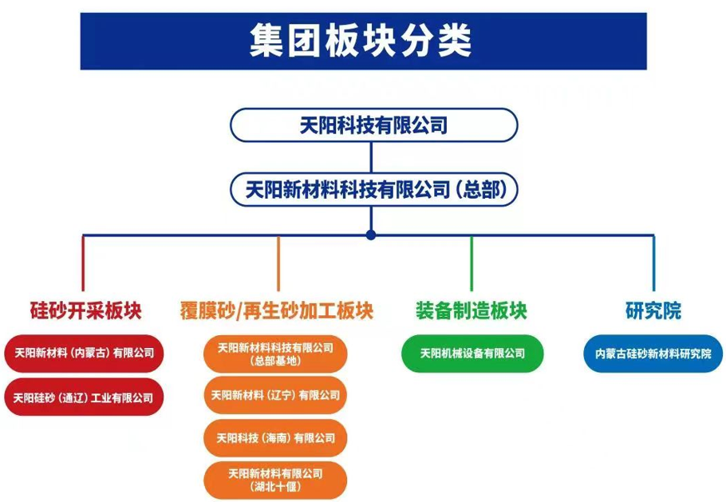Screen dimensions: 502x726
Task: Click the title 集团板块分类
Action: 362,39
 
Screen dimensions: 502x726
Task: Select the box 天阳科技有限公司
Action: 373,125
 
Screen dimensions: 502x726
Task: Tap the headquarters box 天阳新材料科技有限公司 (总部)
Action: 373,189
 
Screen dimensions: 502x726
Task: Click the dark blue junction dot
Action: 370,235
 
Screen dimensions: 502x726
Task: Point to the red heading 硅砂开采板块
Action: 85,310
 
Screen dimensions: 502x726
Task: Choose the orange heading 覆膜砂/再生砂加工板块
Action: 276,310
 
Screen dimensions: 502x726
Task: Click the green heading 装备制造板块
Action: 472,310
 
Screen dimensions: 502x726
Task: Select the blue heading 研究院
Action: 653,310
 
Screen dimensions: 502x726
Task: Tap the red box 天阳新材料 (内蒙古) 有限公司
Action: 84,353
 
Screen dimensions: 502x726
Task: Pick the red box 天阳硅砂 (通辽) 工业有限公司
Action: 84,397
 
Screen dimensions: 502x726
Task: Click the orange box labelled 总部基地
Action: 275,354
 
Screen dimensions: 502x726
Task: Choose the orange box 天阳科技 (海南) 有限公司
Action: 275,437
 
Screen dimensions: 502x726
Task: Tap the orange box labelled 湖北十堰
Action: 275,480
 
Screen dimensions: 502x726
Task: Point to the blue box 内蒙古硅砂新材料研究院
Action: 653,354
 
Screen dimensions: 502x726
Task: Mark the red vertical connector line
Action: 83,263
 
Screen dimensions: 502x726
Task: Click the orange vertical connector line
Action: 278,263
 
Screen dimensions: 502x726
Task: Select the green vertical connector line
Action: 472,263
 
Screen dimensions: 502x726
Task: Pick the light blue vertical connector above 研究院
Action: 653,263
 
